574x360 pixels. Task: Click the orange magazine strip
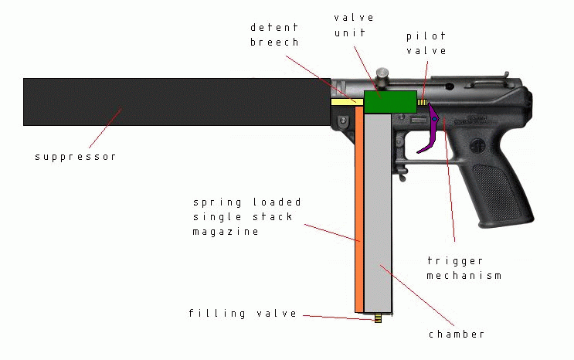click(359, 209)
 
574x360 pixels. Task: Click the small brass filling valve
click(378, 317)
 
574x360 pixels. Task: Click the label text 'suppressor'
click(75, 157)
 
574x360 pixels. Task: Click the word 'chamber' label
click(457, 335)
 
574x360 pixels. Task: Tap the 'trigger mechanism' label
click(464, 268)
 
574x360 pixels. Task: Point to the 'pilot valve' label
click(426, 43)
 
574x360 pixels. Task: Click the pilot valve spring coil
click(422, 102)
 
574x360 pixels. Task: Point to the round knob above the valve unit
click(382, 74)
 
